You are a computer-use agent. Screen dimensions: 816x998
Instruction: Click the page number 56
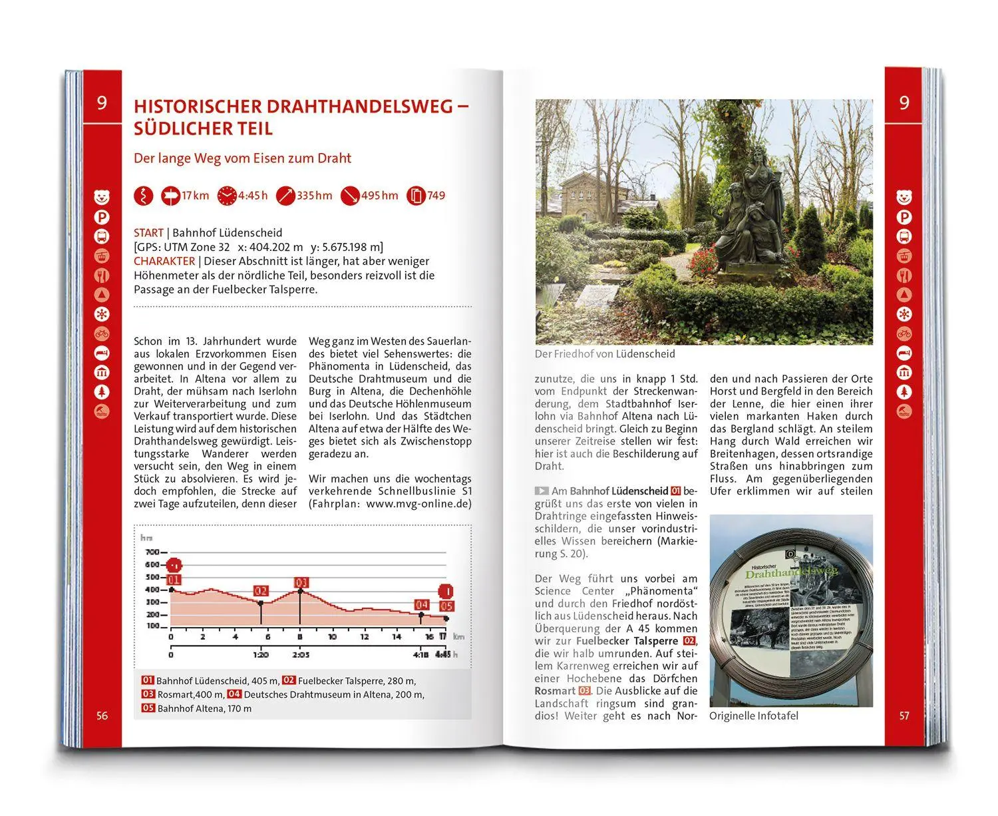[102, 716]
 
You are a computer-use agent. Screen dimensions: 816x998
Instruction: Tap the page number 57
[904, 716]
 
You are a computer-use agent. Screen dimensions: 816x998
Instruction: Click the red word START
[148, 233]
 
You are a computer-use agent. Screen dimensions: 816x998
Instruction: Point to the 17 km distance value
[195, 196]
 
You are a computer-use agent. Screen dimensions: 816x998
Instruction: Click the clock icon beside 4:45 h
[227, 196]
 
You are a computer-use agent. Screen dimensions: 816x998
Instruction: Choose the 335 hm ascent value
[314, 196]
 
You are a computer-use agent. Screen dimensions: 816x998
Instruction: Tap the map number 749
[436, 196]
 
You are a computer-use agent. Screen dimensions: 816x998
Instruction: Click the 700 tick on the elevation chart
[152, 552]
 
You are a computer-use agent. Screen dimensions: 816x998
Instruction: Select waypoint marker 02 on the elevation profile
[261, 591]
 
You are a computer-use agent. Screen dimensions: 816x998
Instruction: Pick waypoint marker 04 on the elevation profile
[421, 604]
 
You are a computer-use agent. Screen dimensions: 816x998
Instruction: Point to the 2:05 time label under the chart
[301, 655]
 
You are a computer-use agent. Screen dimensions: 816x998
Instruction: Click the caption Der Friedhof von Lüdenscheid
[605, 354]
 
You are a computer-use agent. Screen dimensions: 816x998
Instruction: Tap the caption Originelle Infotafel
[754, 716]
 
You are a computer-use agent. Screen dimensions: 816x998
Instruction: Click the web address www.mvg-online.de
[418, 504]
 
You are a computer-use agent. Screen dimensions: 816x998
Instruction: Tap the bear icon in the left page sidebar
[102, 197]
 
